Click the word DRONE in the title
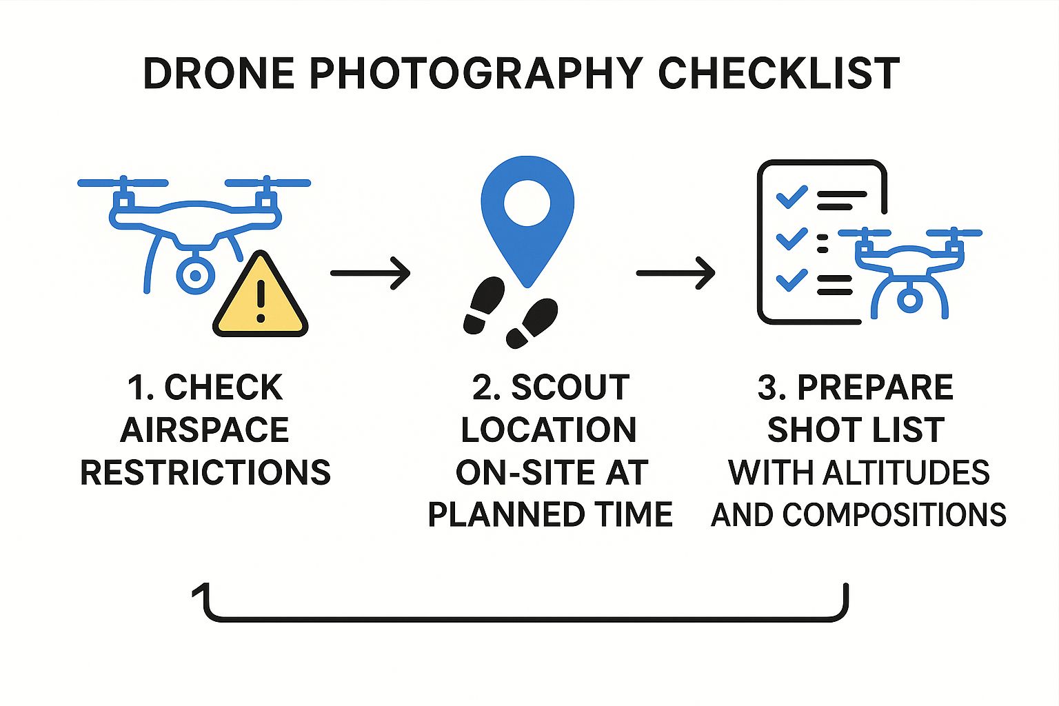click(219, 73)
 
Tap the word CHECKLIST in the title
click(778, 73)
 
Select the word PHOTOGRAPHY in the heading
click(476, 73)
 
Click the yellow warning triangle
click(261, 294)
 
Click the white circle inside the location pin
click(527, 203)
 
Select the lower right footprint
click(532, 323)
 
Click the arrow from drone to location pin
click(370, 273)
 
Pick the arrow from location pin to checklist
click(676, 273)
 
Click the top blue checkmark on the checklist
click(792, 197)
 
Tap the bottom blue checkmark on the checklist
click(792, 280)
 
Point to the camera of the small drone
click(909, 300)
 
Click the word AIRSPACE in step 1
click(204, 430)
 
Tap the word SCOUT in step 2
click(571, 387)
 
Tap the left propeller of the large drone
click(123, 183)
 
